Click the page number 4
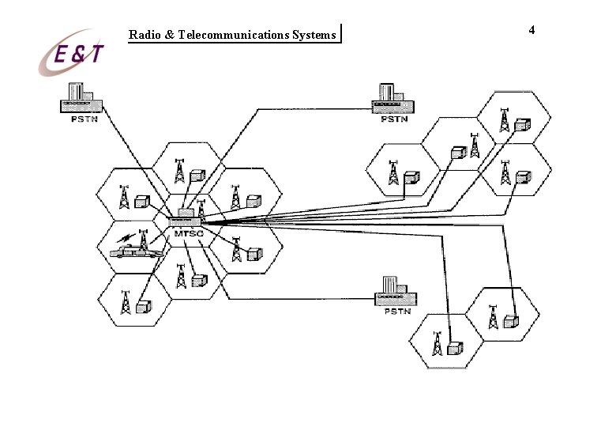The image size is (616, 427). (531, 30)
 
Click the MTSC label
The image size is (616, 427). (185, 234)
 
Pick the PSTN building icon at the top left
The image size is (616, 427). (80, 98)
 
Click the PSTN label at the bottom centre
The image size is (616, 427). (396, 312)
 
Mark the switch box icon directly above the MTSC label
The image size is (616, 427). (186, 213)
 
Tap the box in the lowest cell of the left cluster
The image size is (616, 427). (142, 308)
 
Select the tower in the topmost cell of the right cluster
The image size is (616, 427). (504, 119)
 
